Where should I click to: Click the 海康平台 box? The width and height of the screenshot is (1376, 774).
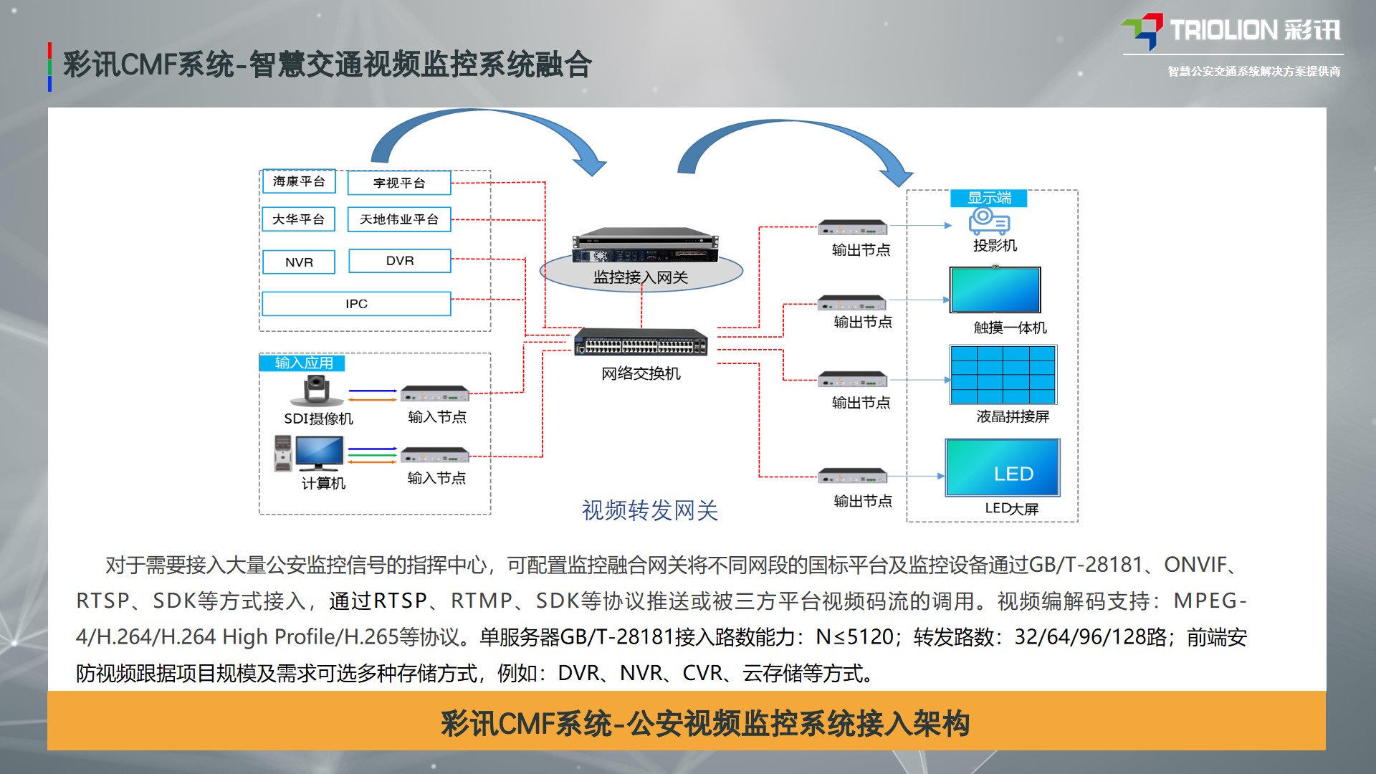pos(299,182)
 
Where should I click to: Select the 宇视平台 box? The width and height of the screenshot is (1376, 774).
pos(399,183)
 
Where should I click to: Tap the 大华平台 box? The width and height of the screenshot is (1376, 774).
pos(299,219)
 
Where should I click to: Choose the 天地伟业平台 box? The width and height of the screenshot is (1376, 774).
pos(399,219)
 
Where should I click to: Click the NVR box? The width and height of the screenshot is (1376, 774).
pos(299,262)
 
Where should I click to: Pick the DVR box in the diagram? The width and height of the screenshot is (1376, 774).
pos(399,261)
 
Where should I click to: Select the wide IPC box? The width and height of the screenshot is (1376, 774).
pos(356,304)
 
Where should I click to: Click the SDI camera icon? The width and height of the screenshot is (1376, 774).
pos(315,391)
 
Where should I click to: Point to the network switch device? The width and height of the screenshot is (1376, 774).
pos(641,343)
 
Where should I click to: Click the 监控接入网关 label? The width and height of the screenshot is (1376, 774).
pos(641,277)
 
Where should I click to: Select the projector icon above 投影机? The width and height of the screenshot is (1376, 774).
pos(989,221)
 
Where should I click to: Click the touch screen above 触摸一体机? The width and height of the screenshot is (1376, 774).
pos(995,290)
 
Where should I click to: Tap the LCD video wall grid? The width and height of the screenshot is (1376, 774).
pos(1003,375)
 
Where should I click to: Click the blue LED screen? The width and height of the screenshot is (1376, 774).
pos(1003,468)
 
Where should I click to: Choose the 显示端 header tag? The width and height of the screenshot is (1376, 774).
pos(989,198)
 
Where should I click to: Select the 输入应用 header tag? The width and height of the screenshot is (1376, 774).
pos(303,363)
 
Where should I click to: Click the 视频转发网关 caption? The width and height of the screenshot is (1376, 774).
pos(649,510)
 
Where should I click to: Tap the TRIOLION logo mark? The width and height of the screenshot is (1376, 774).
pos(1142,31)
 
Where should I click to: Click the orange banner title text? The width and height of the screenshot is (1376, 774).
pos(705,724)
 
